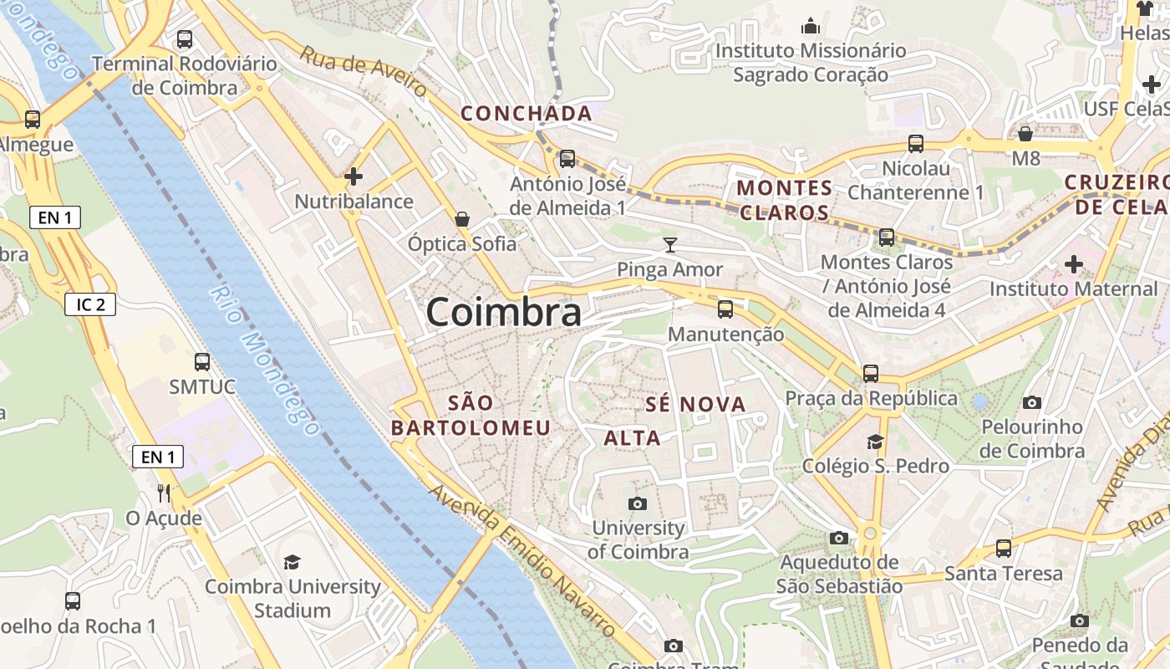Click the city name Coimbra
(x=503, y=313)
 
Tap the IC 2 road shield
(x=90, y=304)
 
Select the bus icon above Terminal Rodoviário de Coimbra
(x=185, y=39)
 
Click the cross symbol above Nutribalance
(x=354, y=176)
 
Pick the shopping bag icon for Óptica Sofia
(x=462, y=219)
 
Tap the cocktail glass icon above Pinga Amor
(x=669, y=245)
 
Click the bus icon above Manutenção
(x=725, y=309)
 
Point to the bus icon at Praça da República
(x=871, y=373)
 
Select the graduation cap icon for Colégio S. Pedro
(x=875, y=441)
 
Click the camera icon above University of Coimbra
(x=638, y=503)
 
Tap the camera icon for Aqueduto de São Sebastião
(x=839, y=538)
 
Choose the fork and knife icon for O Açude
(x=164, y=493)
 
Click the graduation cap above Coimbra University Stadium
(x=292, y=562)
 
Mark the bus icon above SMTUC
(x=202, y=362)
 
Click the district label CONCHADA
(x=526, y=113)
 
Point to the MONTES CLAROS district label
(x=785, y=200)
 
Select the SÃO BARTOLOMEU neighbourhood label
(x=471, y=416)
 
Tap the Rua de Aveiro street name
(x=364, y=71)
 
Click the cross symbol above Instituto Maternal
(x=1074, y=265)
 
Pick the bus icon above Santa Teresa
(x=1004, y=549)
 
